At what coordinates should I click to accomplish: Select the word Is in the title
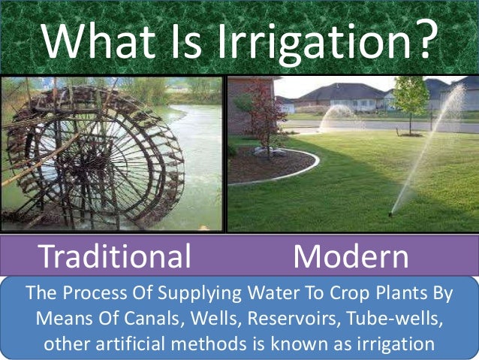coord(185,39)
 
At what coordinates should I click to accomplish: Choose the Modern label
coord(351,257)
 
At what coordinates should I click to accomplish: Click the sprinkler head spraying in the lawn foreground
coord(390,214)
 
